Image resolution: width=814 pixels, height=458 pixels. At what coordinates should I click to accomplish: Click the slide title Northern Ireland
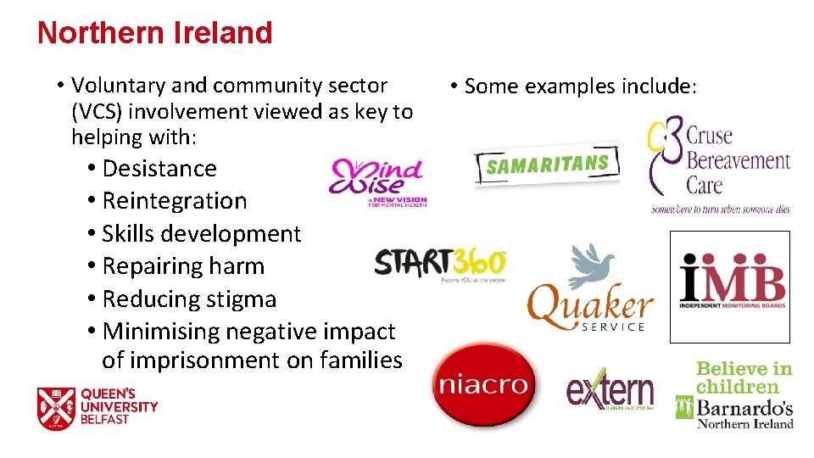click(x=154, y=32)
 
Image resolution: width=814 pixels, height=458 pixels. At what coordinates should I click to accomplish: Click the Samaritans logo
click(x=547, y=163)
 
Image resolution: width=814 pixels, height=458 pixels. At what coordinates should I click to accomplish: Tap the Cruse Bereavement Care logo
click(x=720, y=165)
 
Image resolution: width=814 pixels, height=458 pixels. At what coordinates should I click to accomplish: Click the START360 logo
click(x=439, y=264)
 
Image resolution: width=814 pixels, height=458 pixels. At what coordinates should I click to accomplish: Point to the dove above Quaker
click(x=591, y=266)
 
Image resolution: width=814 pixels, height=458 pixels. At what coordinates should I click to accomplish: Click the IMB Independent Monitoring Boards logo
click(x=730, y=286)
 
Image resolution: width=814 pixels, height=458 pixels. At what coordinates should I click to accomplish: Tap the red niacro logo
click(x=484, y=387)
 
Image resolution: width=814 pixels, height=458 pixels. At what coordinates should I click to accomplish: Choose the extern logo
click(x=610, y=389)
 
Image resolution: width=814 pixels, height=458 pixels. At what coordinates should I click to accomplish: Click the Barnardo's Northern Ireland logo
click(x=735, y=395)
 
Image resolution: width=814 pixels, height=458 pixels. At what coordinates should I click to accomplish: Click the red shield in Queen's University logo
click(x=56, y=408)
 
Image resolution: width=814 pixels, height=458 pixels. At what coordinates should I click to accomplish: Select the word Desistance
click(x=159, y=169)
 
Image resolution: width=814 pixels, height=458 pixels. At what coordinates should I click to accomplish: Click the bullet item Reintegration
click(x=174, y=201)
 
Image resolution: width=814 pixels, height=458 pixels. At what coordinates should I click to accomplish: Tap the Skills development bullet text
click(x=201, y=234)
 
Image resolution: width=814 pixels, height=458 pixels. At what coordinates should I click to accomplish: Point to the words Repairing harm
click(x=183, y=266)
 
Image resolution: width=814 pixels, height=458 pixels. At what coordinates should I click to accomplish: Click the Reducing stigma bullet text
click(x=189, y=299)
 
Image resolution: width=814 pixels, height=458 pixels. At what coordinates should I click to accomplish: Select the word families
click(x=360, y=360)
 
